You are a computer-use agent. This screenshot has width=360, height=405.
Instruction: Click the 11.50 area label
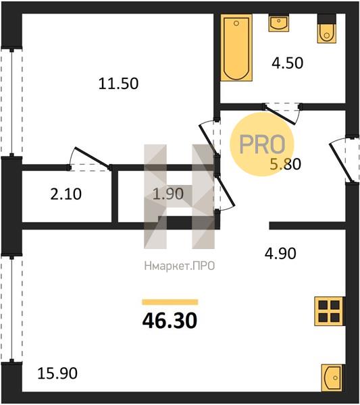(x=118, y=84)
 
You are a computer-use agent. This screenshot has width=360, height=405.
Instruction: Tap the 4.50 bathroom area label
(x=287, y=63)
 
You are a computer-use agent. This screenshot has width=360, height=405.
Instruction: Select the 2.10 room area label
(x=66, y=194)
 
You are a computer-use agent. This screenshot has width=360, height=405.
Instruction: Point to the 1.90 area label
(x=168, y=194)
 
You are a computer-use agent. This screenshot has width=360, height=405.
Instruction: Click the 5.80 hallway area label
(x=285, y=164)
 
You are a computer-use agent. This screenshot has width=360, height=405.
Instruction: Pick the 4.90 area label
(x=280, y=253)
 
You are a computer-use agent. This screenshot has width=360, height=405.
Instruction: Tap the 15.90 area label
(x=57, y=373)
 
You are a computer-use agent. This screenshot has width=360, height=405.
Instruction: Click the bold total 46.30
(x=170, y=321)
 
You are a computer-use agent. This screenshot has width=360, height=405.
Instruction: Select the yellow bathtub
(x=236, y=47)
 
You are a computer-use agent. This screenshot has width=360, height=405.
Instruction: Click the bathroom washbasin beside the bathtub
(x=278, y=23)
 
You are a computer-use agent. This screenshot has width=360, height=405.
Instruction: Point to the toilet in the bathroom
(x=327, y=28)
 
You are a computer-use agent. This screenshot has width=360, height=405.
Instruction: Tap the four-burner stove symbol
(x=329, y=311)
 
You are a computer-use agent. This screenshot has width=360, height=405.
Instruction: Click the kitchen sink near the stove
(x=332, y=378)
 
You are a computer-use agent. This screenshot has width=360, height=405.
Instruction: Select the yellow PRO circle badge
(x=262, y=144)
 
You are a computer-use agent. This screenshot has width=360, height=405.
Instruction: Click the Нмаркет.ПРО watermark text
(x=180, y=266)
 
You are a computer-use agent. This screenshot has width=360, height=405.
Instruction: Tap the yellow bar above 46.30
(x=170, y=302)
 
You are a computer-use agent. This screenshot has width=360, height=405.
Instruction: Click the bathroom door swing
(x=282, y=113)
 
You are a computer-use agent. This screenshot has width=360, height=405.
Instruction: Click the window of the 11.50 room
(x=11, y=102)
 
